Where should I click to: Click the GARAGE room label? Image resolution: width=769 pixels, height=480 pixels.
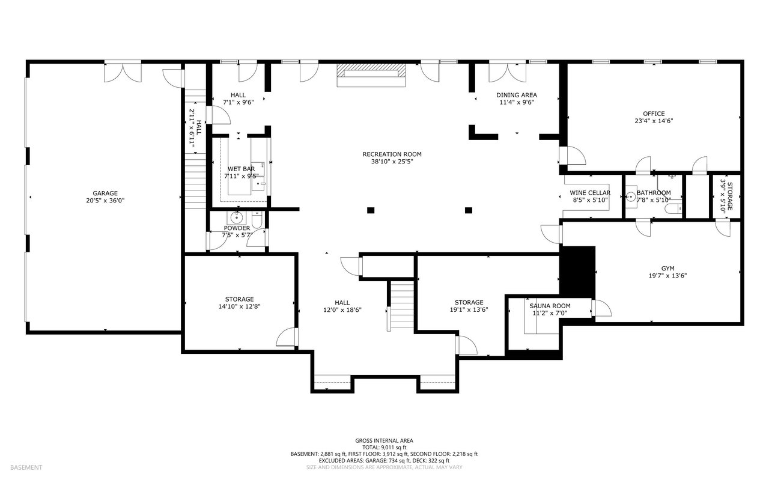105,193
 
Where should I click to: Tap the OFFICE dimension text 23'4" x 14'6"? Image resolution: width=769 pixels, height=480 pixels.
654,121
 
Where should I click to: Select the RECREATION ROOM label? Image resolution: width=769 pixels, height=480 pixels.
392,154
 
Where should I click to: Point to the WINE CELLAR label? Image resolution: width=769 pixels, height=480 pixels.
590,193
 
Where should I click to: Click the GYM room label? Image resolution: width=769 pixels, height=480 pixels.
667,269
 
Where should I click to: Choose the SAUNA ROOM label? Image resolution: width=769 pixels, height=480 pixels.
550,306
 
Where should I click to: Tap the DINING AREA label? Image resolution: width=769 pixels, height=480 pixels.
517,95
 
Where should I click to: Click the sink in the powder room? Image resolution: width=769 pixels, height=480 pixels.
236,217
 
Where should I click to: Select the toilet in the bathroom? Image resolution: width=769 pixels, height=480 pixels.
673,208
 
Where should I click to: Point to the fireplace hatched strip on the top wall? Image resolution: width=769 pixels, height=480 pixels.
371,70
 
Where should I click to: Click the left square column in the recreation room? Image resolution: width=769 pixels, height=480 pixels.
371,210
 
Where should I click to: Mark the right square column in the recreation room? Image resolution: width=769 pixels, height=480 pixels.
468,210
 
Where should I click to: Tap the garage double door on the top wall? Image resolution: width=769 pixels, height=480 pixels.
123,71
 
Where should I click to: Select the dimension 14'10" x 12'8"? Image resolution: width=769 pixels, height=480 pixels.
239,306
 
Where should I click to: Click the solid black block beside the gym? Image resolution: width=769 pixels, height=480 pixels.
578,272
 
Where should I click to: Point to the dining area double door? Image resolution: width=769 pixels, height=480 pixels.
508,71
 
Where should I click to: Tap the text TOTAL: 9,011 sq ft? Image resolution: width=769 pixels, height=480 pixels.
384,448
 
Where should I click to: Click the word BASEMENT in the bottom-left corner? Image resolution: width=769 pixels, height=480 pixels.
26,467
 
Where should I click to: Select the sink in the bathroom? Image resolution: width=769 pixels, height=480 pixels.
631,196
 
